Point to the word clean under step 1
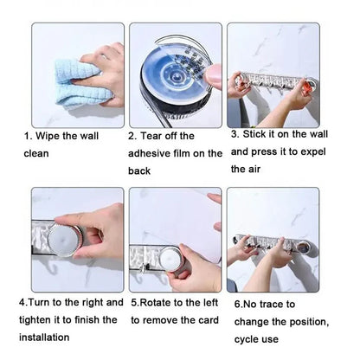[x=37, y=154]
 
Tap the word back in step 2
[x=142, y=171]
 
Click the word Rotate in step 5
[x=159, y=304]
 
